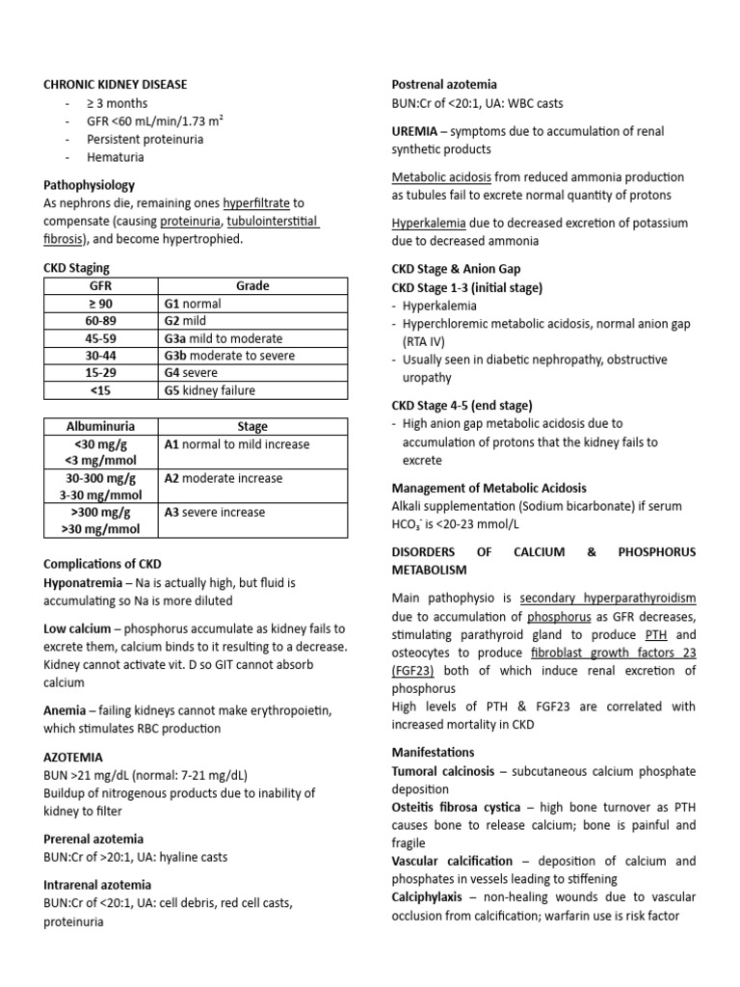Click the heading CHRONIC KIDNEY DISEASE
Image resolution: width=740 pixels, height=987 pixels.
pos(116,85)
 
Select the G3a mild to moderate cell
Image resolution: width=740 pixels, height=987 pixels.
pos(224,338)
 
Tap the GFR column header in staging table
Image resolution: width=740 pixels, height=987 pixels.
pos(100,286)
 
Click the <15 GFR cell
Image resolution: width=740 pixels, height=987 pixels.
pos(100,390)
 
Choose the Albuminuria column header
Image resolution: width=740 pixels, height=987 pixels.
pos(100,426)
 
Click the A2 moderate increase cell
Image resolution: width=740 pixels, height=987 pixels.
pos(224,478)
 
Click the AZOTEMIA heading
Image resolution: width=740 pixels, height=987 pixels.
pos(73,759)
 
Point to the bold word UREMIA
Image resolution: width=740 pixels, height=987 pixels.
pos(414,131)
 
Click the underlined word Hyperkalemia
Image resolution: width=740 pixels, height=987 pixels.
pos(430,223)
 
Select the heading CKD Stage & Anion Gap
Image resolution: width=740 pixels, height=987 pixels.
pos(456,269)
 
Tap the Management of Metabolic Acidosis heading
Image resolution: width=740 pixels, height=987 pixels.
pos(489,489)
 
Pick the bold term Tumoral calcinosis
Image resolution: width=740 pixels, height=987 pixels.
pos(447,772)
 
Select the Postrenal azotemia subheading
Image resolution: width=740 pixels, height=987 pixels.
pos(443,85)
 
